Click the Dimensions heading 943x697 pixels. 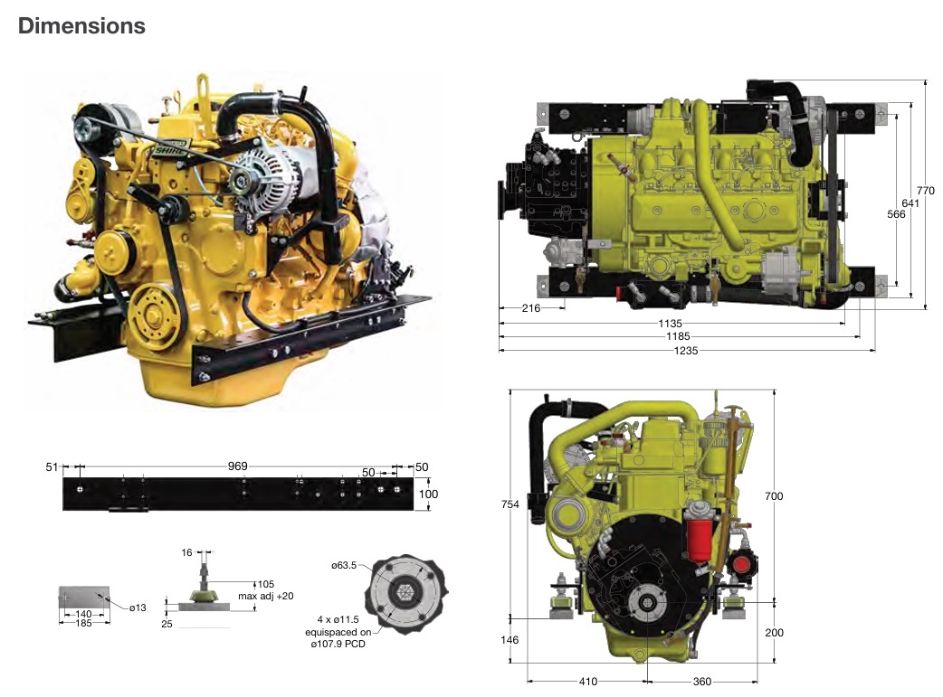81,26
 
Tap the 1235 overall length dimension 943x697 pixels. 686,350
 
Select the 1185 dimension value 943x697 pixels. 678,336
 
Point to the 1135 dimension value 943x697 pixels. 670,324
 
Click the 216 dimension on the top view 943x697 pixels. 531,308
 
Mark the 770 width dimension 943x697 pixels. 926,191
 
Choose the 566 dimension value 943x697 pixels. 896,214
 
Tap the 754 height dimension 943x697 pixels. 510,504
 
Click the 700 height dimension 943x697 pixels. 774,496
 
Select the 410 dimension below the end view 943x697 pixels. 588,682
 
